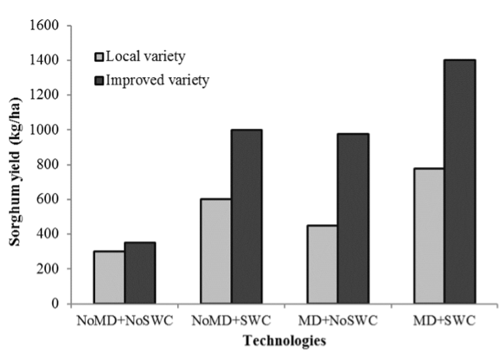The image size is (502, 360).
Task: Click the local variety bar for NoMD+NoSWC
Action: coord(109,277)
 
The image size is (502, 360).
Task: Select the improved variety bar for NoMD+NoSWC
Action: coord(140,273)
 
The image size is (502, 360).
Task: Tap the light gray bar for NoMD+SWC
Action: coord(216,251)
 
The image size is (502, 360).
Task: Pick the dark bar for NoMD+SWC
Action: coord(247,216)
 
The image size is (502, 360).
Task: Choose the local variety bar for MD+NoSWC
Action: coord(322,264)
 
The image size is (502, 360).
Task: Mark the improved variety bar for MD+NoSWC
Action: coord(354,218)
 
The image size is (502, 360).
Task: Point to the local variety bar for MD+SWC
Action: coord(429,236)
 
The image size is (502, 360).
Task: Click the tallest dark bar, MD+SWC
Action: coord(460,182)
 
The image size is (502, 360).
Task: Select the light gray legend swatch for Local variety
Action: coord(99,57)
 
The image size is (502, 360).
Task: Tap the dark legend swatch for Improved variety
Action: coord(99,81)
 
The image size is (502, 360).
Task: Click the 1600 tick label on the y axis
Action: coord(44,25)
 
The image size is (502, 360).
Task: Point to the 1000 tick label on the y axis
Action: coord(44,129)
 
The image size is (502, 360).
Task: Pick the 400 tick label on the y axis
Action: coord(48,234)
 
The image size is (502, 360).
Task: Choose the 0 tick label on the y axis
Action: coord(55,303)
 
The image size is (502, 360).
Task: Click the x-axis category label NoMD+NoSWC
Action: coord(125,320)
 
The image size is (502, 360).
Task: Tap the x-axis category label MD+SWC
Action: coord(444,320)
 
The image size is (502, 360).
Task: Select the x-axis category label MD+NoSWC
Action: coord(338,320)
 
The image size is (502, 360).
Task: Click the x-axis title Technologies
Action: coord(284,341)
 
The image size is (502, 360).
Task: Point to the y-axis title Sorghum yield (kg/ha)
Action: coord(15,171)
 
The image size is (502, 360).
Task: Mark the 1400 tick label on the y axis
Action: coord(44,60)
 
